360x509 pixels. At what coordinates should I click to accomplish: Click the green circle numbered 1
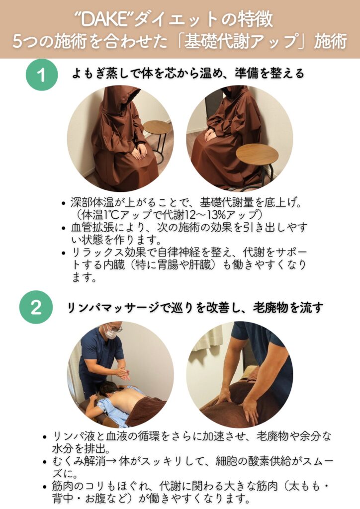pyautogui.click(x=42, y=75)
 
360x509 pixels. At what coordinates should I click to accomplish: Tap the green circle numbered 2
pyautogui.click(x=36, y=307)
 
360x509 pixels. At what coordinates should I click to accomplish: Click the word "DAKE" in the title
pyautogui.click(x=103, y=20)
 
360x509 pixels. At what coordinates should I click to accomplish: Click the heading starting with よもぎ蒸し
pyautogui.click(x=188, y=74)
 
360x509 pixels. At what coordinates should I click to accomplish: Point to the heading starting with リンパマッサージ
pyautogui.click(x=195, y=307)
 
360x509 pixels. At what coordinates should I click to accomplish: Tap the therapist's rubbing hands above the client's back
pyautogui.click(x=123, y=373)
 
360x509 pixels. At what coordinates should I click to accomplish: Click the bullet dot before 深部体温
pyautogui.click(x=64, y=203)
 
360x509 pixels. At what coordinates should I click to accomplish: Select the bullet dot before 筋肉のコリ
pyautogui.click(x=45, y=487)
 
